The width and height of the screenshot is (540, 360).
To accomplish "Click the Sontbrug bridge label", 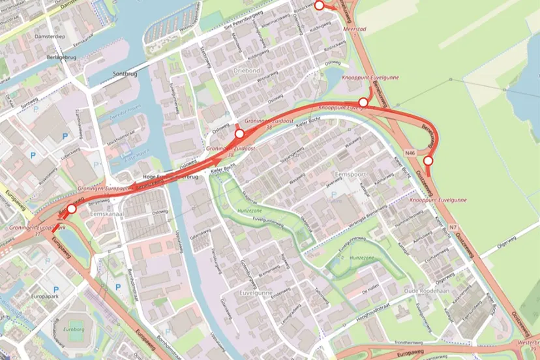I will coord(125,74).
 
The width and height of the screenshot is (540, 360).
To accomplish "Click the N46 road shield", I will coord(410,153).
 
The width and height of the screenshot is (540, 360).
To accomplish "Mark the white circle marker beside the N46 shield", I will coord(428,160).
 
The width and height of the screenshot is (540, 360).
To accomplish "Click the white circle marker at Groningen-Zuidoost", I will coord(239,134).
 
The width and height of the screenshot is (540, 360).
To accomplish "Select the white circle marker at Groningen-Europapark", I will coord(71,209).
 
